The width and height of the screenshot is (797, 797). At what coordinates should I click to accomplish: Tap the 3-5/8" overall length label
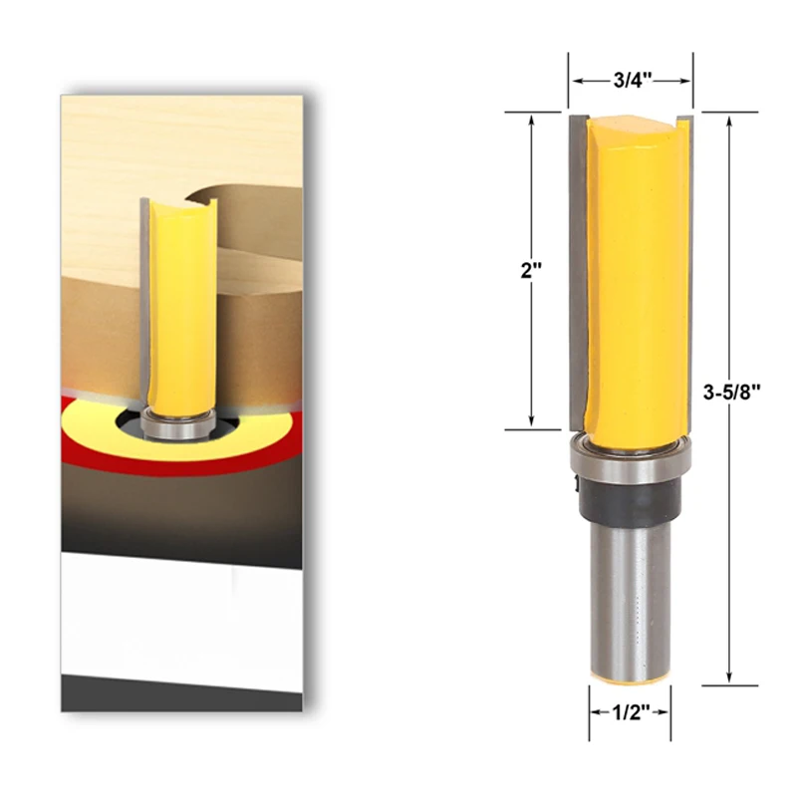coord(731,391)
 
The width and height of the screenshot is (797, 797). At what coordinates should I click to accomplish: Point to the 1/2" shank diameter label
coord(630,711)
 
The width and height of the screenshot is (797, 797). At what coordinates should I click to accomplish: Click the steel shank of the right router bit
coord(630,598)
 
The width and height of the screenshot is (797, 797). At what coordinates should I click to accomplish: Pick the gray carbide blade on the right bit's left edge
coord(576,269)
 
